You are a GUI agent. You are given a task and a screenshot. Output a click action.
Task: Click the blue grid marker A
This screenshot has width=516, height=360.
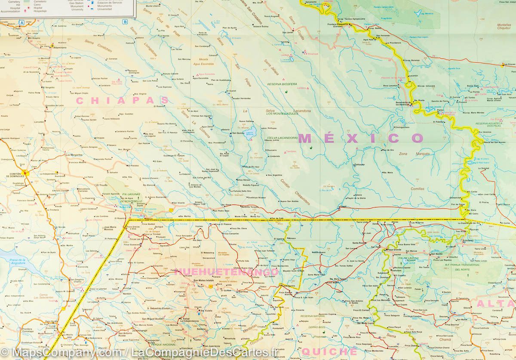click(x=22, y=22)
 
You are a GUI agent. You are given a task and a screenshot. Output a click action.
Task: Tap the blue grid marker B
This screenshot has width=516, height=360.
click(x=125, y=22)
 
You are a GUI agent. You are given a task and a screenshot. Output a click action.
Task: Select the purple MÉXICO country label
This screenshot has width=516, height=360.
click(x=361, y=138)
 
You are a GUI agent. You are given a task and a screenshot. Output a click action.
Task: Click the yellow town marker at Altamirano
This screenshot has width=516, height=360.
click(x=52, y=45)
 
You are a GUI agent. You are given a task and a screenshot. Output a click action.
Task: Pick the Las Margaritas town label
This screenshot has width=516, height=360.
click(x=74, y=154)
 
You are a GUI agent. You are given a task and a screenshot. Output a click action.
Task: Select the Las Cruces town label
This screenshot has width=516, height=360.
click(x=508, y=65)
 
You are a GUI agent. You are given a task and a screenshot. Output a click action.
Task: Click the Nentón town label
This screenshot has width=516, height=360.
click(x=126, y=294)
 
